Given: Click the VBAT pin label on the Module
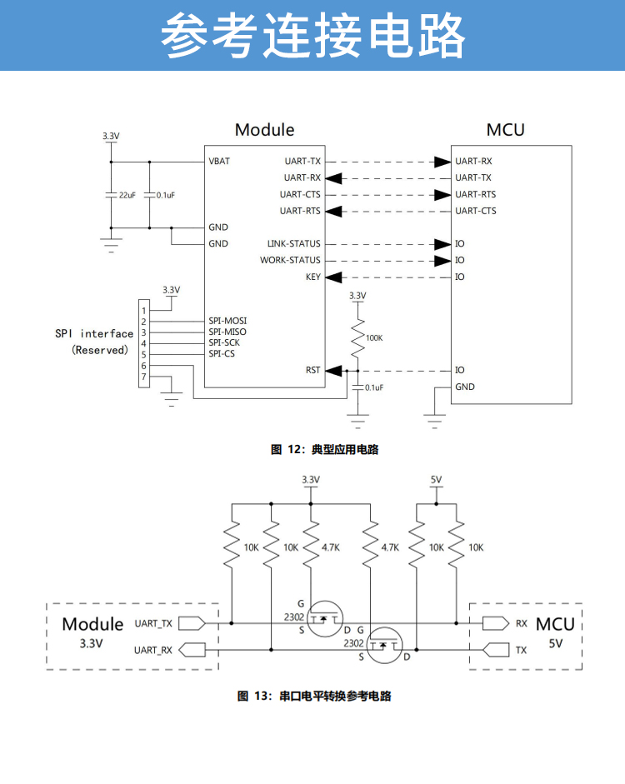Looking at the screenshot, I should pyautogui.click(x=219, y=161).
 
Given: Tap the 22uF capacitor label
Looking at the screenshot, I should pyautogui.click(x=127, y=195).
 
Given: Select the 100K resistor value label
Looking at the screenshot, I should pyautogui.click(x=374, y=337).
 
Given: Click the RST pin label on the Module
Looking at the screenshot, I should pyautogui.click(x=313, y=370).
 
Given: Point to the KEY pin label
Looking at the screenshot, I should pyautogui.click(x=313, y=277).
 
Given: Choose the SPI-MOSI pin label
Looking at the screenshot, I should pyautogui.click(x=227, y=321).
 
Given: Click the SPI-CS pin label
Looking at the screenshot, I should pyautogui.click(x=222, y=354).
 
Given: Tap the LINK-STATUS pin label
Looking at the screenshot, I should pyautogui.click(x=293, y=244).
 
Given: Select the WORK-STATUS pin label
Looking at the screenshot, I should pyautogui.click(x=290, y=261).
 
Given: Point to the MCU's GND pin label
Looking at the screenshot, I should pyautogui.click(x=465, y=387).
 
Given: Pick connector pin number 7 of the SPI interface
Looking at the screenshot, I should pyautogui.click(x=144, y=377).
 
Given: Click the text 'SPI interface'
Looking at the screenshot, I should pyautogui.click(x=94, y=333).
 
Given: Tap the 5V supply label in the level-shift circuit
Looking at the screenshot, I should pyautogui.click(x=436, y=479).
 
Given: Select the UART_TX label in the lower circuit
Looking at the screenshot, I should pyautogui.click(x=153, y=623).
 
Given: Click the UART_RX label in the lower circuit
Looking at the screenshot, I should pyautogui.click(x=153, y=649).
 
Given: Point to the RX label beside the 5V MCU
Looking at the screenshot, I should pyautogui.click(x=522, y=623).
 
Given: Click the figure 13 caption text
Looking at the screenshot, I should pyautogui.click(x=314, y=696).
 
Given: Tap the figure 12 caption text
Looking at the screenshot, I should pyautogui.click(x=325, y=449).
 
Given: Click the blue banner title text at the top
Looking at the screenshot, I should pyautogui.click(x=312, y=36).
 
